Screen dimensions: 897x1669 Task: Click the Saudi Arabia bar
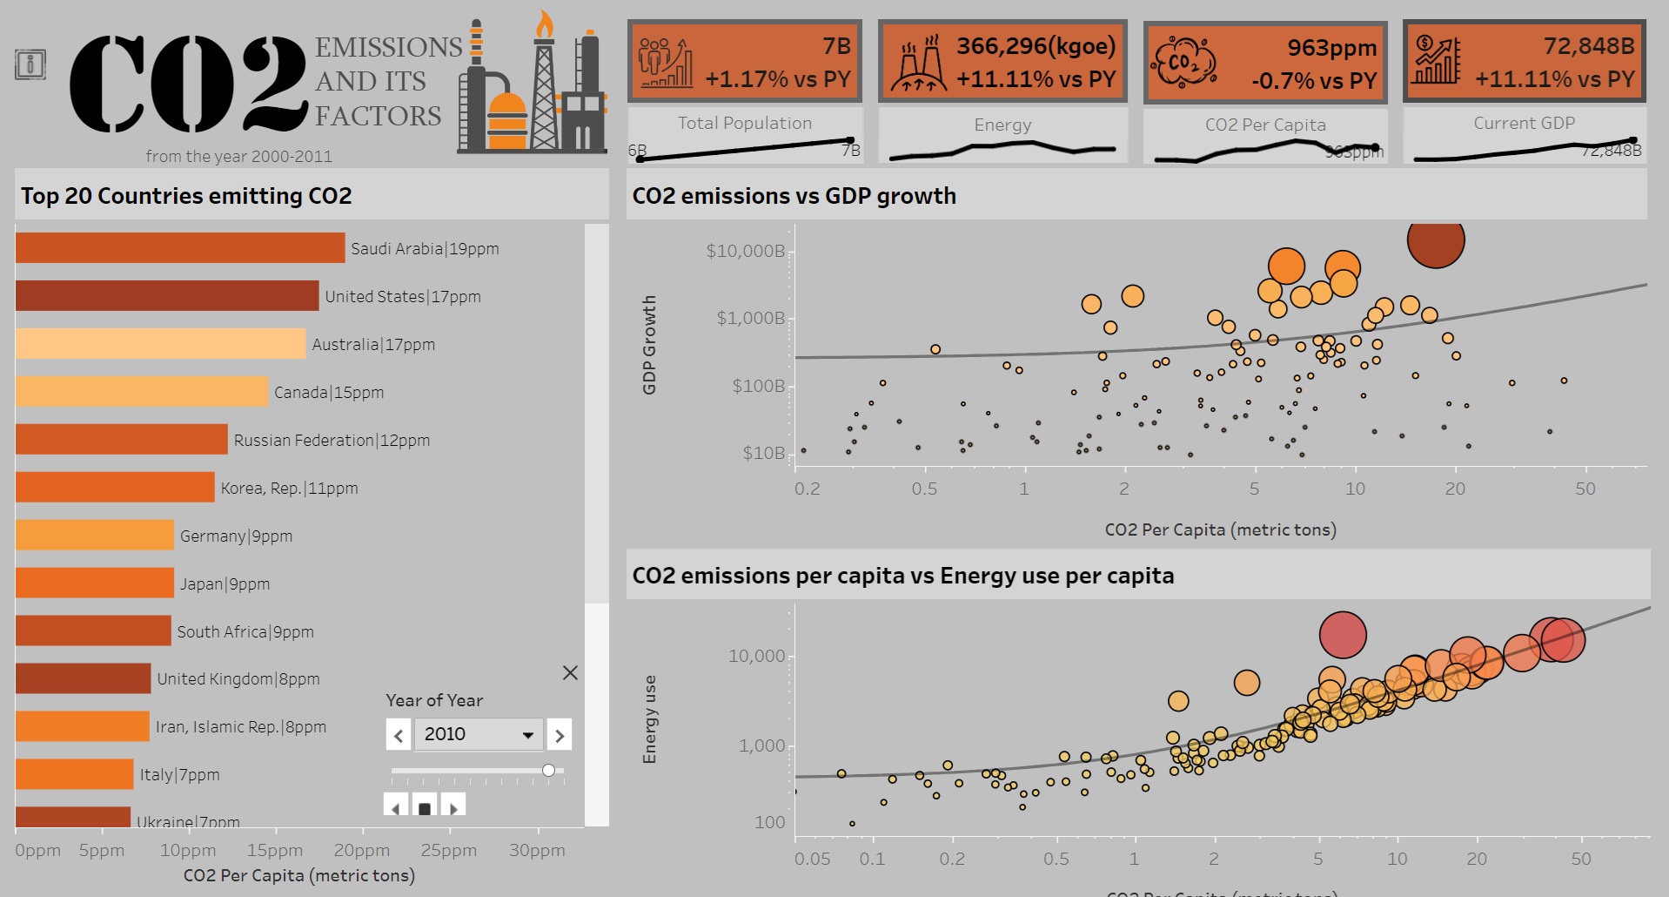click(x=180, y=248)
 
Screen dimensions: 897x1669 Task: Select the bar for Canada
click(x=142, y=392)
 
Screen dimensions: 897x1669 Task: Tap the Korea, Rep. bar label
click(x=289, y=489)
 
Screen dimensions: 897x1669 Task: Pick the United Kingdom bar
click(x=84, y=678)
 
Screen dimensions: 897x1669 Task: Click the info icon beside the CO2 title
click(x=30, y=64)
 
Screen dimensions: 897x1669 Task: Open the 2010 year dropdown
click(x=478, y=734)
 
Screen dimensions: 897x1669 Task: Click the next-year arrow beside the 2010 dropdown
click(x=560, y=735)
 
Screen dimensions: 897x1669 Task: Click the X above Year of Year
click(x=570, y=672)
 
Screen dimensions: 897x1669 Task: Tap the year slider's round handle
click(x=548, y=770)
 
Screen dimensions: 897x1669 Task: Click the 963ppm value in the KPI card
click(x=1331, y=48)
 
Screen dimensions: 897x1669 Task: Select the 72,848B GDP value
click(x=1588, y=46)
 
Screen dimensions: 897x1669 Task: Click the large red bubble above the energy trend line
click(x=1343, y=635)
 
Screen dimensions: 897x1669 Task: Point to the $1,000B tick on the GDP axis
click(x=750, y=319)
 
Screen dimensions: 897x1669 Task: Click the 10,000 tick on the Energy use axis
click(x=756, y=656)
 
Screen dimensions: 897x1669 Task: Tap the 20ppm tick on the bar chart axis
click(x=361, y=850)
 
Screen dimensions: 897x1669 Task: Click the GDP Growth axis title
click(x=649, y=345)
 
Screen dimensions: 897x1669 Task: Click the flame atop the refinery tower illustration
click(x=545, y=25)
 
